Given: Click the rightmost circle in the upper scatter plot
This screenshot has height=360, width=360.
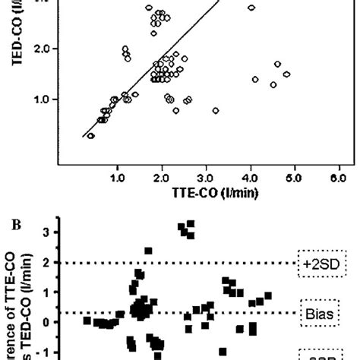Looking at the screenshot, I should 286,74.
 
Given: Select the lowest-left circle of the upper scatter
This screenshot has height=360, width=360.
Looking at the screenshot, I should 91,136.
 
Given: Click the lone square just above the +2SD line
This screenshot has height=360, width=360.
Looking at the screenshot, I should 148,251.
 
